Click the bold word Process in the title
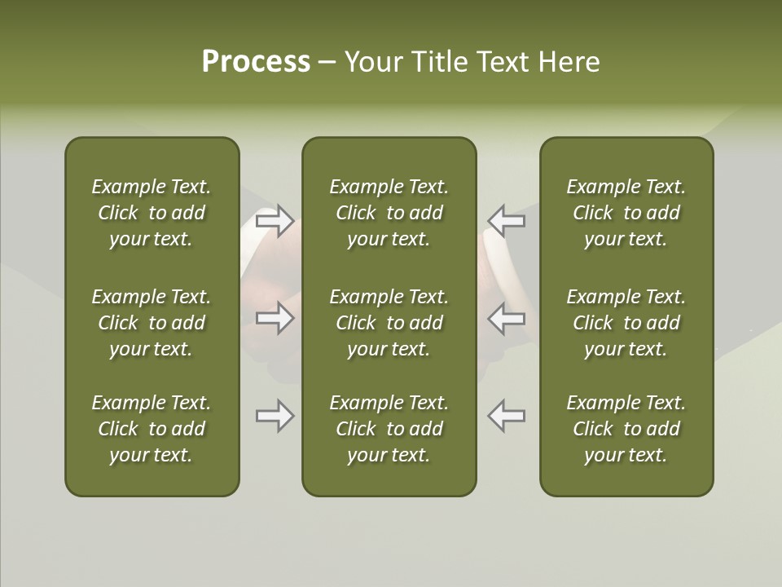256,62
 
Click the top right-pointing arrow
275,221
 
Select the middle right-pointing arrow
275,318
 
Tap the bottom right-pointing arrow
275,416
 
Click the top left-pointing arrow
507,221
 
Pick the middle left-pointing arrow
507,318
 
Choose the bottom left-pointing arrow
507,416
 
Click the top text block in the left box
152,213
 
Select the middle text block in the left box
152,323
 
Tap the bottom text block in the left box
152,429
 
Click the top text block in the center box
389,213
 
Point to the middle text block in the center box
389,323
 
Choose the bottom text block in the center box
389,429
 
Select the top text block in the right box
626,213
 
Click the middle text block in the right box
626,323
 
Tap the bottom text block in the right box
626,429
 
